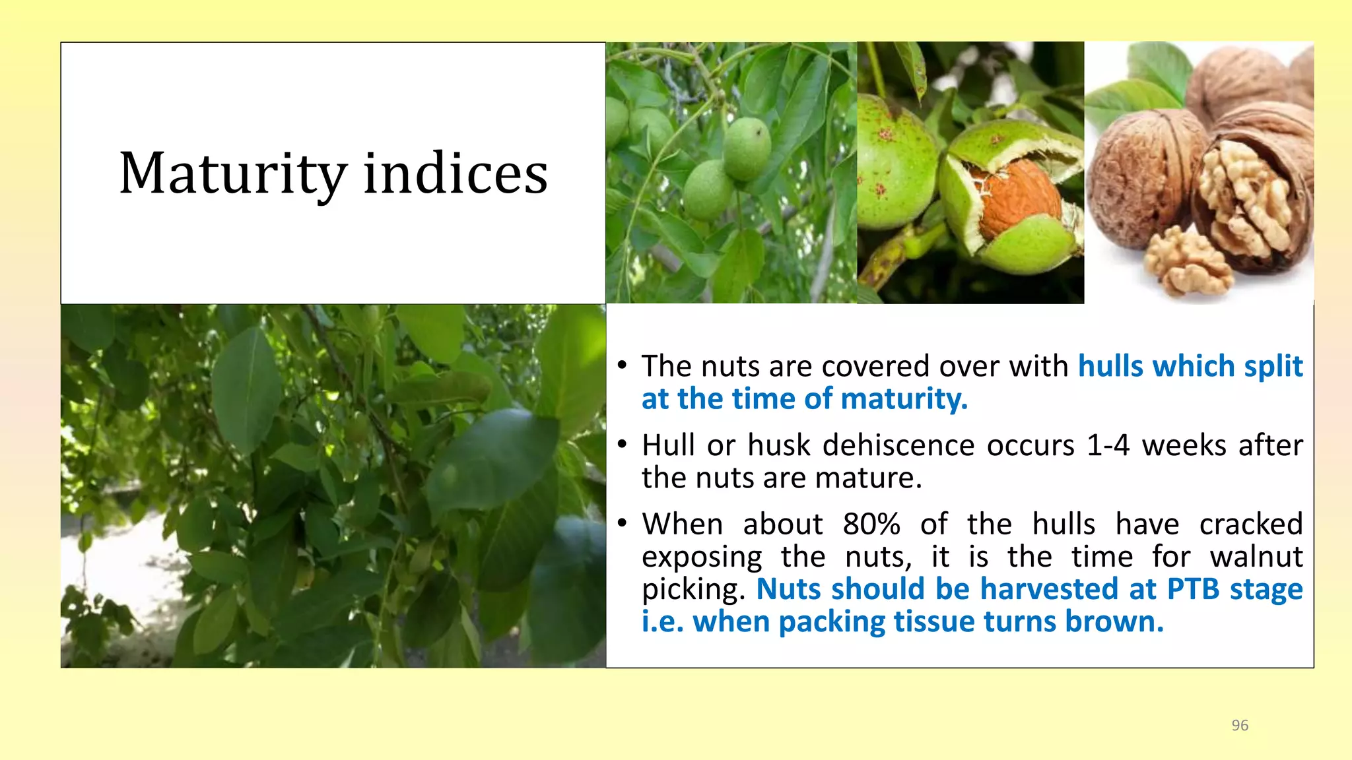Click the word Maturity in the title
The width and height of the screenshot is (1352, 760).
tap(233, 174)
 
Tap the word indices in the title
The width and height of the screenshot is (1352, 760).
tap(456, 172)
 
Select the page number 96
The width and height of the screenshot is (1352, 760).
tap(1240, 725)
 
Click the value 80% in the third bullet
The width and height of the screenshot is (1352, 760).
tap(871, 524)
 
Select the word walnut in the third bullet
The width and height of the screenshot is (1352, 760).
tap(1257, 556)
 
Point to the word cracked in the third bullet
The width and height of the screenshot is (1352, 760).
tap(1251, 524)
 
